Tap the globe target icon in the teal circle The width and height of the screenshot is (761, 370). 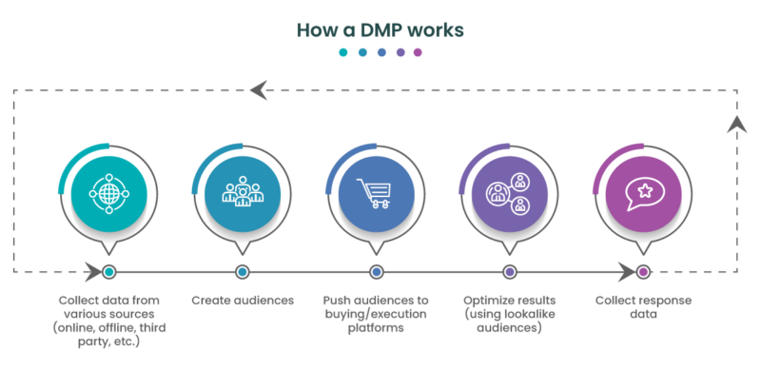coord(107,193)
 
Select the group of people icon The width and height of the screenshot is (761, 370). coord(241,193)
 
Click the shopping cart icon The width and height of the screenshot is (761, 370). coord(375,193)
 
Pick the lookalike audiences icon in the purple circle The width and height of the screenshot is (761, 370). coord(509,193)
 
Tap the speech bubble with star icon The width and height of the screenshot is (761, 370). coord(643,193)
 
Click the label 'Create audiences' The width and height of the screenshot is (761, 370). coord(241,301)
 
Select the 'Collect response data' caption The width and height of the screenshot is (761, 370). coord(643,307)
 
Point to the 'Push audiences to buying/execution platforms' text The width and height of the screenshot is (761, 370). coord(375,314)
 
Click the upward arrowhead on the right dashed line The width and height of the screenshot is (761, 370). coord(733,124)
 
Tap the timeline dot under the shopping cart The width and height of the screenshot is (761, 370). coord(376,272)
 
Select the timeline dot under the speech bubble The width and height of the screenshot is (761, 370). coord(643,272)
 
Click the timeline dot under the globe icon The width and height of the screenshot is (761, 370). coord(108,272)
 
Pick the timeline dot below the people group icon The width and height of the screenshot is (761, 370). coord(242,272)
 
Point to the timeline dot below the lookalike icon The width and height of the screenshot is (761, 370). coord(509,272)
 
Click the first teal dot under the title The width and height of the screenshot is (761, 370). coord(343,53)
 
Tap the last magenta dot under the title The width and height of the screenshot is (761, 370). coord(417,53)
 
